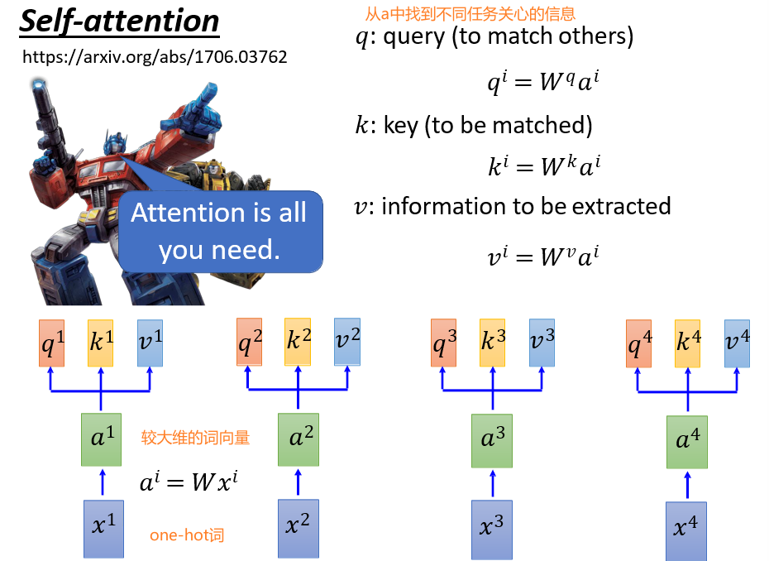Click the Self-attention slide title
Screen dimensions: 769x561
(x=119, y=22)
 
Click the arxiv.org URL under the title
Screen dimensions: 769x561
(x=155, y=57)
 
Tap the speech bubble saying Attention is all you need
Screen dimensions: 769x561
(x=219, y=231)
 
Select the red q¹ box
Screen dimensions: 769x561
(x=52, y=343)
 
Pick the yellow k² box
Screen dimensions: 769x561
(x=298, y=342)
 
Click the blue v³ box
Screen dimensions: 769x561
(x=542, y=343)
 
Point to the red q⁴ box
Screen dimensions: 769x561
(x=638, y=343)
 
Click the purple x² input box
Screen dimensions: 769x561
(x=298, y=527)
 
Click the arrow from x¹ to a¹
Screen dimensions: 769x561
(x=103, y=482)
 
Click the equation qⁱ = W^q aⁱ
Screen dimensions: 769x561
(x=543, y=83)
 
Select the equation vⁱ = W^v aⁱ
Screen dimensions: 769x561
(x=543, y=257)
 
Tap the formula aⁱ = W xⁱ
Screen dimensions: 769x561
(x=189, y=482)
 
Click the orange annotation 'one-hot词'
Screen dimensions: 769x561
(x=187, y=535)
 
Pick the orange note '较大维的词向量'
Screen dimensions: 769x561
(x=195, y=437)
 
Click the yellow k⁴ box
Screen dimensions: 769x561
(x=688, y=343)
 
